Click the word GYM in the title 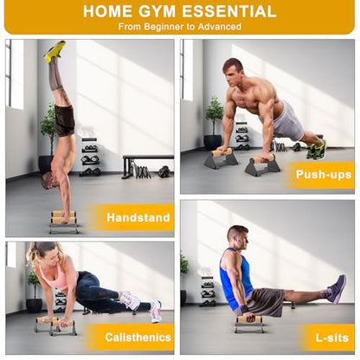point(157,11)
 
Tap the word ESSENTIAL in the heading point(229,11)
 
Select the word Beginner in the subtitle point(164,27)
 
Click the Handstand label point(138,217)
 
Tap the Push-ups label point(324,175)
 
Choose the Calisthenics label point(138,337)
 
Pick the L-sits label point(332,337)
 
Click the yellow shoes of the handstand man point(55,51)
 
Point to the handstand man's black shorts point(65,120)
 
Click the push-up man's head point(233,73)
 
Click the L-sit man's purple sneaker point(337,288)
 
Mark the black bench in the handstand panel point(147,165)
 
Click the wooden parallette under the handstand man point(63,222)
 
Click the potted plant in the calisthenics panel point(34,292)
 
